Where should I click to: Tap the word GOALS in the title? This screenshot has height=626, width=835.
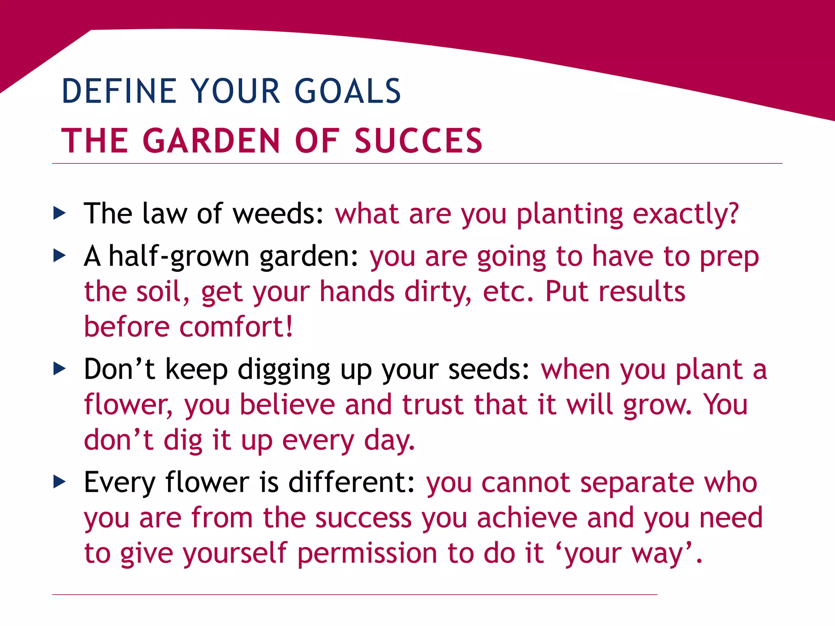click(348, 91)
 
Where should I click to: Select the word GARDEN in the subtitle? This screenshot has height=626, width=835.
click(211, 141)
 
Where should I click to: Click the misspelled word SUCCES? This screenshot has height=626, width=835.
click(419, 141)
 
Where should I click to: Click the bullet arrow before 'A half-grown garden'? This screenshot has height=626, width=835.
click(60, 256)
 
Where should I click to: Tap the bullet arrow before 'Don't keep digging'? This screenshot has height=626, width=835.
click(60, 369)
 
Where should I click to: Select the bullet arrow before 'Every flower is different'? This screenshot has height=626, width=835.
click(60, 482)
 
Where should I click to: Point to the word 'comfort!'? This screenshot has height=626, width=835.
click(236, 327)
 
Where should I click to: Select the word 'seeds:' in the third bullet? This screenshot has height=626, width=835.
click(489, 370)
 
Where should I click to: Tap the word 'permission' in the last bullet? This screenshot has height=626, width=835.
click(367, 553)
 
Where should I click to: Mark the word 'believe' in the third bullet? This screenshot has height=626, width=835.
click(287, 405)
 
